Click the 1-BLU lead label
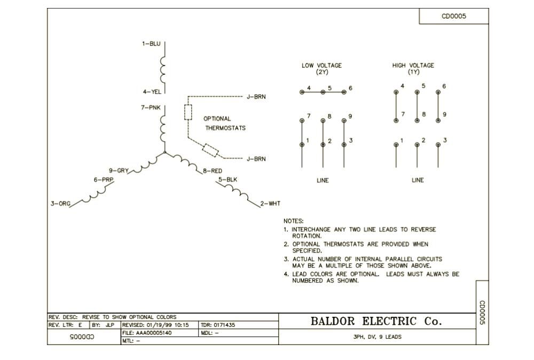click(x=151, y=44)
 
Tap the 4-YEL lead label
click(x=151, y=91)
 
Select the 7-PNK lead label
click(x=151, y=107)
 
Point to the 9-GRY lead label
click(x=119, y=170)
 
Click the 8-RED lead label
click(x=212, y=171)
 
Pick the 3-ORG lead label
click(x=60, y=204)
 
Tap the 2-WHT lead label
click(x=270, y=204)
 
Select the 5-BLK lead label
click(x=227, y=179)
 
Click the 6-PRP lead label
click(x=104, y=179)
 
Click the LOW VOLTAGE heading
click(x=321, y=66)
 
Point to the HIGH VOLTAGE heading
click(x=413, y=66)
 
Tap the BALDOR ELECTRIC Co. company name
click(x=376, y=321)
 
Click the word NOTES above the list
click(x=293, y=221)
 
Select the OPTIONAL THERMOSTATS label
click(x=225, y=123)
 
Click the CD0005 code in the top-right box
click(x=453, y=16)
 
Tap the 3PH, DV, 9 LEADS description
click(x=377, y=337)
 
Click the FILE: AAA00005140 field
click(x=147, y=333)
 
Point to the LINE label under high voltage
click(x=418, y=180)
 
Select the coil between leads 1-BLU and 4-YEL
click(x=162, y=68)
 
